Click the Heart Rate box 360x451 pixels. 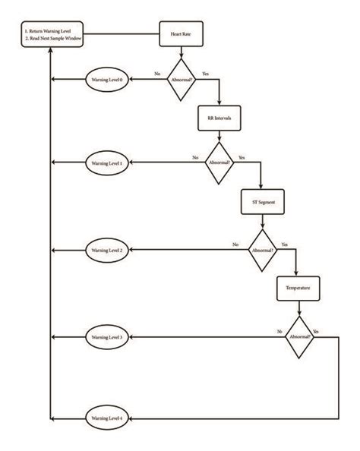(179, 34)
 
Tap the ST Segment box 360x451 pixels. (261, 204)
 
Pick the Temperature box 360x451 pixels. (298, 289)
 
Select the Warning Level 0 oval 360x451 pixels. (107, 79)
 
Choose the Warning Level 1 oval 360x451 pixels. (107, 163)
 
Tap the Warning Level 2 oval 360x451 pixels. (107, 250)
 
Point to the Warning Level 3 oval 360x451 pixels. (107, 336)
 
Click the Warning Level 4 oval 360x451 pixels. (107, 418)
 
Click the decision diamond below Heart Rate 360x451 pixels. (182, 78)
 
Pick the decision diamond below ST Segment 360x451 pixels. (261, 249)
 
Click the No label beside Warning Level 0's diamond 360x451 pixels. (157, 74)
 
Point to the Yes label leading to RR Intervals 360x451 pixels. (206, 74)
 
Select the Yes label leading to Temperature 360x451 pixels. (284, 244)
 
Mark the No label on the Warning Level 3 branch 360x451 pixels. (280, 332)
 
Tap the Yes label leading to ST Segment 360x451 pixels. (242, 158)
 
